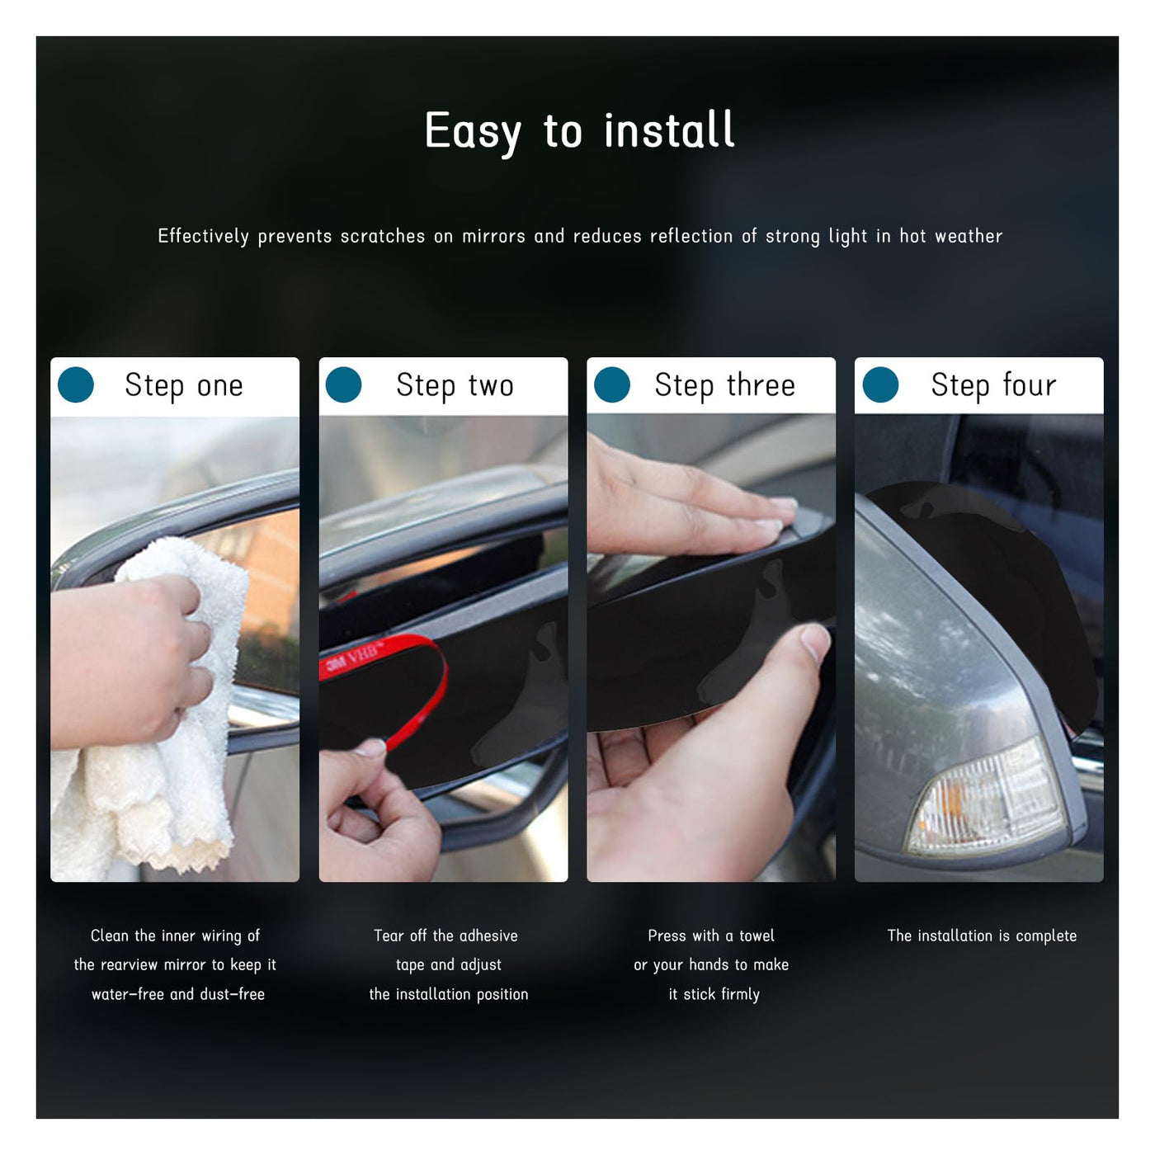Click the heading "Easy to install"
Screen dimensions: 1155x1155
579,131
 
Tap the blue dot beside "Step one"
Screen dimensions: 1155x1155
76,384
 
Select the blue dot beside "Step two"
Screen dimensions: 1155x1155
343,384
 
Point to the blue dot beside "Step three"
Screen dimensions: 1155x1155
611,384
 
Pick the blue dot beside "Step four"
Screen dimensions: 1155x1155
880,384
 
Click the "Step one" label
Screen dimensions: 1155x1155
183,385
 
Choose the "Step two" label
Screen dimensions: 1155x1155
455,385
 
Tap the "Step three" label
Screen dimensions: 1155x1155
724,385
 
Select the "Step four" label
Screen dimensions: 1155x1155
993,385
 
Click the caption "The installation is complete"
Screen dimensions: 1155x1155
981,936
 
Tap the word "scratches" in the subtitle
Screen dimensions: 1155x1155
383,236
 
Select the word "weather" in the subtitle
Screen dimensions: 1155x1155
968,236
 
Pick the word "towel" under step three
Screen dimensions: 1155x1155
757,936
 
